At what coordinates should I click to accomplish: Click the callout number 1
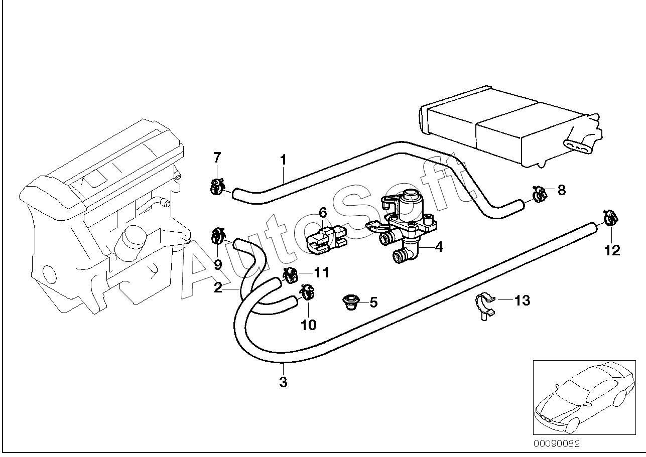click(284, 160)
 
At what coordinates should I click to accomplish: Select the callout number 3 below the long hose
click(283, 382)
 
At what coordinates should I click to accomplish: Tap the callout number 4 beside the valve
click(439, 247)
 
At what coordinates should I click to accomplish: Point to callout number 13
click(523, 300)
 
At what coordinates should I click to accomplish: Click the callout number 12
click(612, 250)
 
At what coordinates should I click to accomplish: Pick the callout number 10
click(308, 325)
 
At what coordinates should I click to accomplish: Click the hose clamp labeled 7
click(217, 186)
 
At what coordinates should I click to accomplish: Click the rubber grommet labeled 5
click(351, 302)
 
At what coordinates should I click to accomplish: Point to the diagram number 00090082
click(556, 443)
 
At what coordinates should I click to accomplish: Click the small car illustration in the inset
click(584, 398)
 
